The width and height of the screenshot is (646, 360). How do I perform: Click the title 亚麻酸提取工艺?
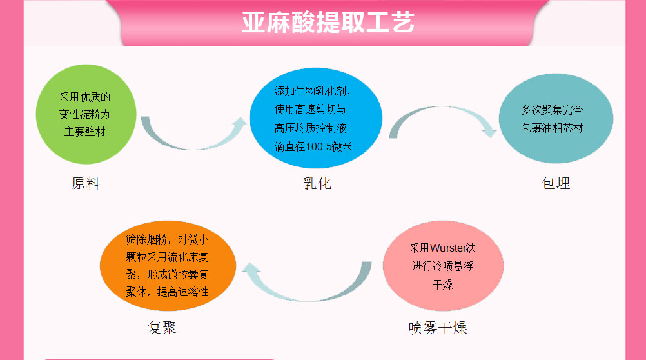(328, 22)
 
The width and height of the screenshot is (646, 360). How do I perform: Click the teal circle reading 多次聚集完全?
(555, 119)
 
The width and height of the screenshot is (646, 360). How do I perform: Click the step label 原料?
(86, 184)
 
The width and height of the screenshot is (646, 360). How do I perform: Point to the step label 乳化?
(317, 184)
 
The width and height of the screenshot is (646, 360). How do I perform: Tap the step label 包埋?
(556, 184)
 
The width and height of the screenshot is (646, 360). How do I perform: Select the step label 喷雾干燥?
(438, 328)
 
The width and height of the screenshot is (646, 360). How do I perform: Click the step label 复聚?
(162, 328)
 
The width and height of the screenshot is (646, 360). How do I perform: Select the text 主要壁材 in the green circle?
(84, 132)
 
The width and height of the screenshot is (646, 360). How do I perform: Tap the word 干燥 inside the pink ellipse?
(442, 284)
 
